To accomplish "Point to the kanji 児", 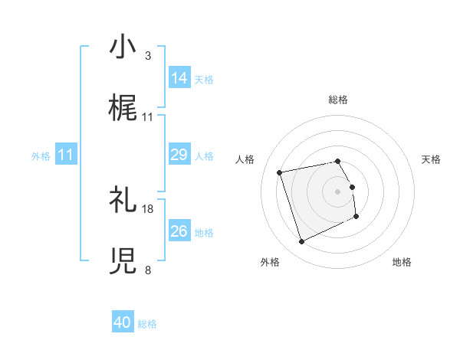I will pos(123,261).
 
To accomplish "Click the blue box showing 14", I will pos(179,77).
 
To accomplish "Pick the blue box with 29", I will pos(179,155).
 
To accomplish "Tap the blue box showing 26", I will pos(179,231).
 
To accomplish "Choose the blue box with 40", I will pos(123,322).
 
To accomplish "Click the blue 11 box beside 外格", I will pos(66,155).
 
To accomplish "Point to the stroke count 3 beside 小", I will pos(147,56).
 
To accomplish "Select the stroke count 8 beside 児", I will pos(147,270).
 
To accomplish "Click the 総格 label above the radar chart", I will pos(338,100).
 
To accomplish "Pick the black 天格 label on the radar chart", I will pos(431,159).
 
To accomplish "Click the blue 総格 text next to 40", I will pos(147,324).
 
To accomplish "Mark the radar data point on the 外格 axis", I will pos(301,242).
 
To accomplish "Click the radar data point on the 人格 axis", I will pos(280,172).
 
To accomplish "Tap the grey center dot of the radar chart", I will pos(338,191).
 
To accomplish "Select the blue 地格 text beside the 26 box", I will pos(204,232).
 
